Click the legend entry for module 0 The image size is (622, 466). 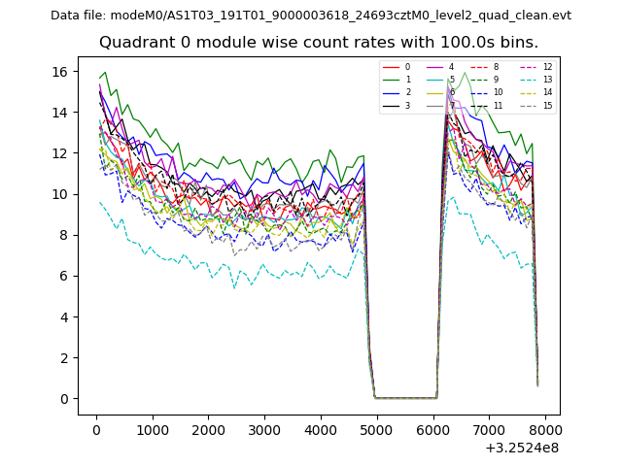point(398,67)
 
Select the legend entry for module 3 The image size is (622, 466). point(398,105)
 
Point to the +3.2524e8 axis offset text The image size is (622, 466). point(521,448)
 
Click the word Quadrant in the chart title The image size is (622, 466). point(135,43)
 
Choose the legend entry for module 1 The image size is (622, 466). point(398,80)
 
